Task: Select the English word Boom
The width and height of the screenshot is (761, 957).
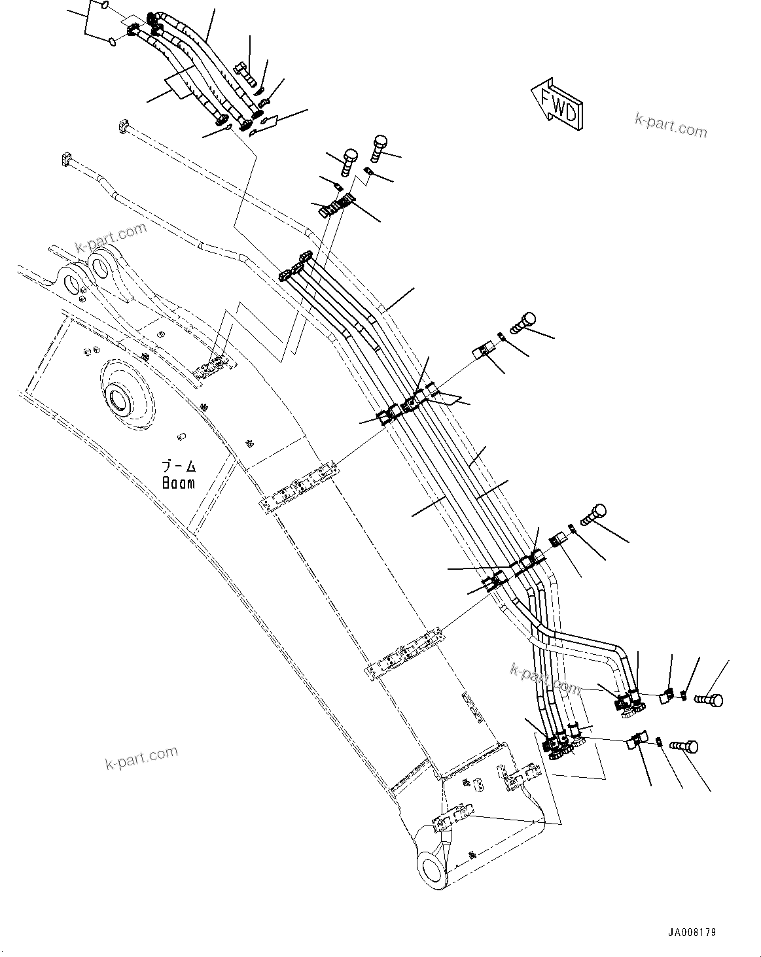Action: pos(179,483)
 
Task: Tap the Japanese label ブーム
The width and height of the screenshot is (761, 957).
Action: pos(179,467)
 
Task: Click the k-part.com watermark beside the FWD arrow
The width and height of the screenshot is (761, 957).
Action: pos(671,125)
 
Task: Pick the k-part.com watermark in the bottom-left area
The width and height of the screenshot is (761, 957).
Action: pos(141,757)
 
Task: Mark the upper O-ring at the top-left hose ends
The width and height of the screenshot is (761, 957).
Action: pos(105,7)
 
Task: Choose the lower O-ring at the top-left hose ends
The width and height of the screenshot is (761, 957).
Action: pos(113,43)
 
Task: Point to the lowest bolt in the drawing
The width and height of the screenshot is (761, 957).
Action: pos(685,746)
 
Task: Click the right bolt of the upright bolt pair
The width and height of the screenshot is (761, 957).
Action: pos(380,148)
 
